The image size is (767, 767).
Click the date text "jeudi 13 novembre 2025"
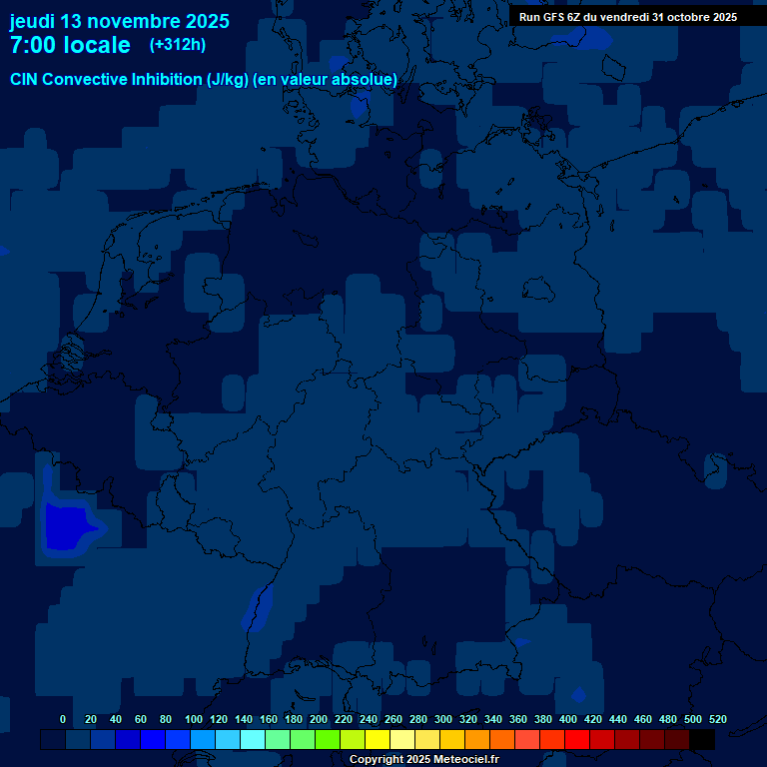[x=120, y=21]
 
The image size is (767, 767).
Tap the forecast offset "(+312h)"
[x=178, y=44]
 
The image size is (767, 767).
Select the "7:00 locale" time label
[x=70, y=45]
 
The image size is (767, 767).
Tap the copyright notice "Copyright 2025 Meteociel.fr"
[x=423, y=760]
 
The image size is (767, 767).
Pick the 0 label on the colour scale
[x=63, y=719]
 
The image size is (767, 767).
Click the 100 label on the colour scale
[x=194, y=719]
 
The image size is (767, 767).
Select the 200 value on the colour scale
[x=319, y=719]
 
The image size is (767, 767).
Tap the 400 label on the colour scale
[x=568, y=719]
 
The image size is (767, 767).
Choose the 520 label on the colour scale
[x=717, y=719]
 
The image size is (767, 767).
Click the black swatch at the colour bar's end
[x=702, y=739]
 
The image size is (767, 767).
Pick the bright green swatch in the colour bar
[x=328, y=739]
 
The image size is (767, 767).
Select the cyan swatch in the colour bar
[x=253, y=739]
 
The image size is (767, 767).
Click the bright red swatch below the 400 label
[x=577, y=739]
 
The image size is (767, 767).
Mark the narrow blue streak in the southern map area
[x=258, y=608]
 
